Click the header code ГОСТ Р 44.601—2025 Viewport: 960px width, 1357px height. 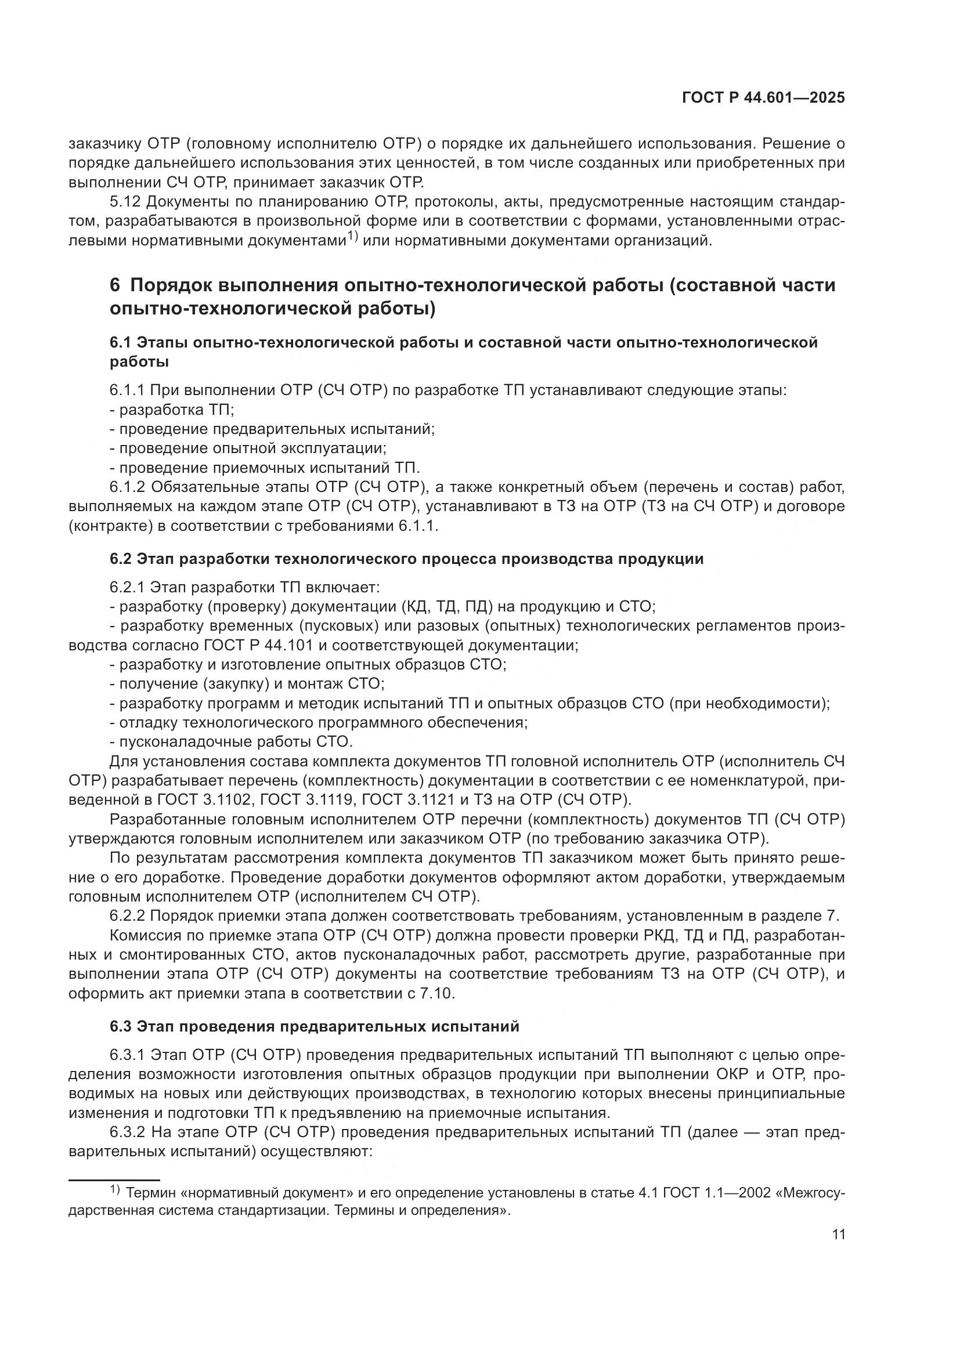763,98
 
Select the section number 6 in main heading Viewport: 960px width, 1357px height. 115,285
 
